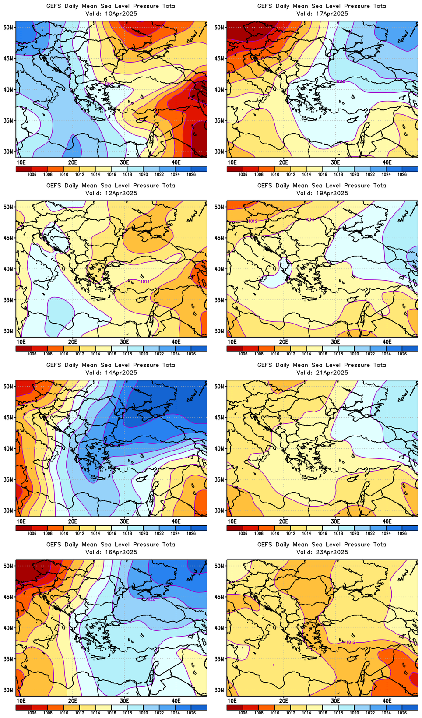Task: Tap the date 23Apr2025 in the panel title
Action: (x=329, y=552)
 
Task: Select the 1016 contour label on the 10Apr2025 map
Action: (x=109, y=84)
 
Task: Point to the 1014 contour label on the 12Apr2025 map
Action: (x=145, y=282)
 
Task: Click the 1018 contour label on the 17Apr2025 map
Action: (x=340, y=81)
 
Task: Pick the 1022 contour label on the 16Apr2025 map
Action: (x=150, y=598)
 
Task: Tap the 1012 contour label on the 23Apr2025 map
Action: (x=351, y=642)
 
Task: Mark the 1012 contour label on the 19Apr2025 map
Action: (x=253, y=221)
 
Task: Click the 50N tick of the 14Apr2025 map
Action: (x=8, y=387)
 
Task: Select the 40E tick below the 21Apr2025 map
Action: (x=387, y=521)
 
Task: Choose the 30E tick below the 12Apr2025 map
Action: (x=124, y=342)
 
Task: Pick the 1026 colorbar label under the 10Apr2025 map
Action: (x=191, y=175)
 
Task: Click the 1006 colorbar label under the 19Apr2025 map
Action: (x=243, y=354)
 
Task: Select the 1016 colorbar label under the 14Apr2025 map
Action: (x=112, y=534)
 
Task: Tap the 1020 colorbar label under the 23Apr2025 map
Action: (x=355, y=713)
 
